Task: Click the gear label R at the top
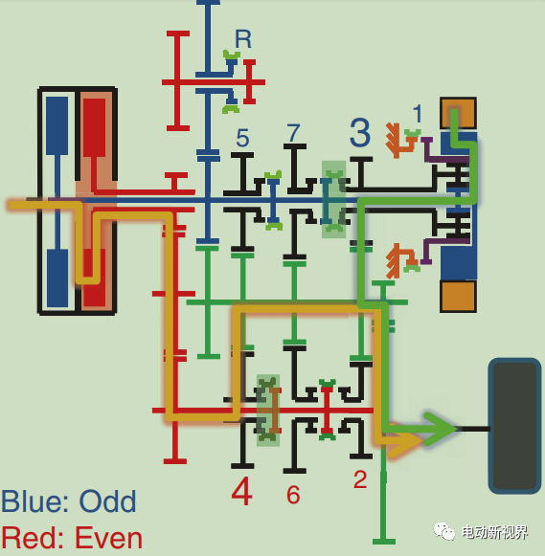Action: pos(243,39)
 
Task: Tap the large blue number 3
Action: pos(360,132)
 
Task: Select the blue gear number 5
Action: pos(242,138)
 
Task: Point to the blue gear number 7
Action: pos(293,133)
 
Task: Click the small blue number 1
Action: pos(418,114)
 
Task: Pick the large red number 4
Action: pos(242,491)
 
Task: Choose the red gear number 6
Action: pos(293,495)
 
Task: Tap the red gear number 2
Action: pos(360,479)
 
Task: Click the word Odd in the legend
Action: pos(108,501)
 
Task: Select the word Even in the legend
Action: pos(108,538)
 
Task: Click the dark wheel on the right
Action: pos(515,426)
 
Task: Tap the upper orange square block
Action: pos(458,113)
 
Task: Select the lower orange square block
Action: pos(458,297)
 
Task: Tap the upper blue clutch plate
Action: pos(57,126)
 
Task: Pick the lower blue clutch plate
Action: pos(57,278)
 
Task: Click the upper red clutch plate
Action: pos(95,127)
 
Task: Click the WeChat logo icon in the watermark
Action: pos(443,531)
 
